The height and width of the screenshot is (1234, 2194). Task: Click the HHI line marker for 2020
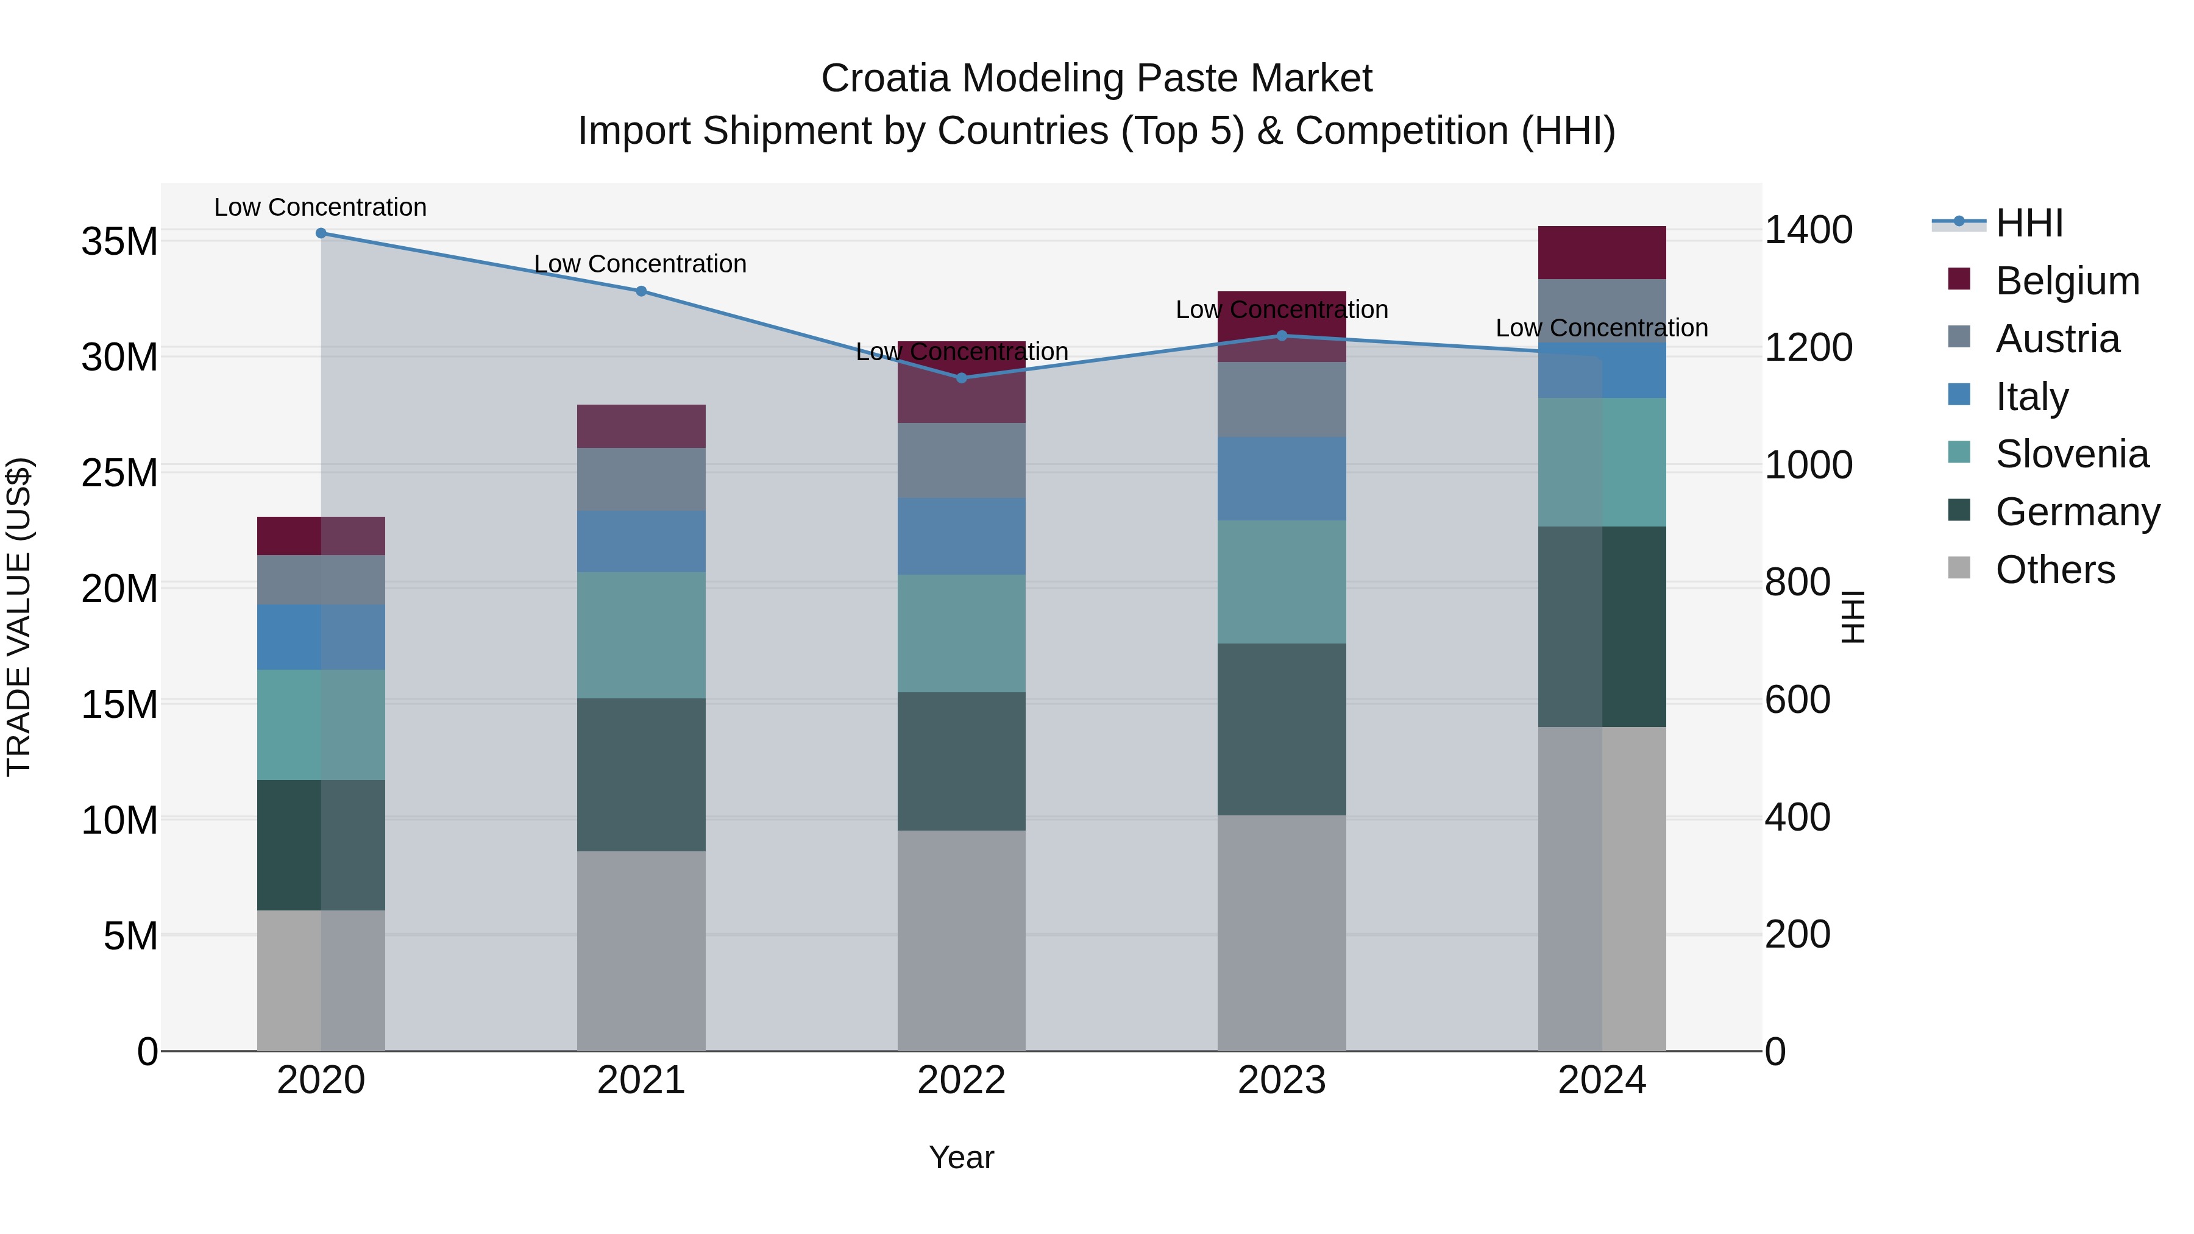321,233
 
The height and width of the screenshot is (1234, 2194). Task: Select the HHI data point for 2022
962,378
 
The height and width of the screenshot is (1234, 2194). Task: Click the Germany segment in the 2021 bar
641,775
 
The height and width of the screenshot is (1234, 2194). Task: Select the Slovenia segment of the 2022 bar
962,634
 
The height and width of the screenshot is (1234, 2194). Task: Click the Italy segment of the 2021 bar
641,542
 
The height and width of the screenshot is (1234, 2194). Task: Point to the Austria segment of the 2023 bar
1282,400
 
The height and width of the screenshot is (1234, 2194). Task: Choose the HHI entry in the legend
2029,223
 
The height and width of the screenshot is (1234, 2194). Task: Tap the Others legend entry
2054,570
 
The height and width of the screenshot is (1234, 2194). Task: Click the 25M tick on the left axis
119,473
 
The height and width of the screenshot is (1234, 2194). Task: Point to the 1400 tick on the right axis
1808,230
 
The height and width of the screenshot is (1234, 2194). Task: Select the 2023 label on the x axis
1282,1080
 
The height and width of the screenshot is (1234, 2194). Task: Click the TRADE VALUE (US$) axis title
19,617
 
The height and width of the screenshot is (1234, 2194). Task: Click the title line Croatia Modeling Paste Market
1096,79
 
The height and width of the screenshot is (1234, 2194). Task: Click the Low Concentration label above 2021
641,264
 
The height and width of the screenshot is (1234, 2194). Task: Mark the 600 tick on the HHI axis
1797,700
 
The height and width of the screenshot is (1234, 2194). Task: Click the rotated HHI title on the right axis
1853,617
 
